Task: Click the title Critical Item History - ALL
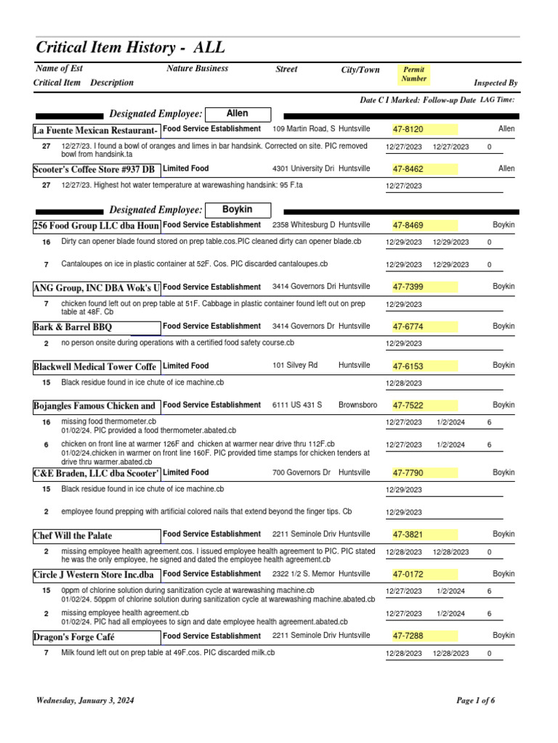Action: coord(131,48)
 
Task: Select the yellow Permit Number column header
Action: coord(414,74)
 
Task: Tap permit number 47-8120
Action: coord(408,129)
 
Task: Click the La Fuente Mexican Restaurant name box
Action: coord(96,130)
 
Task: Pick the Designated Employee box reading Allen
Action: coord(238,114)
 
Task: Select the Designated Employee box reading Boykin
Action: coord(238,210)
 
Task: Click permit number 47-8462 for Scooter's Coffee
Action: coord(408,169)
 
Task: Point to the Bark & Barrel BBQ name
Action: coord(73,327)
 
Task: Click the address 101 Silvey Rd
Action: coord(295,365)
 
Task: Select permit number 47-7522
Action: coord(408,406)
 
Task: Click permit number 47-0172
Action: coord(408,575)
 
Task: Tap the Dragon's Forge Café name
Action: coord(75,637)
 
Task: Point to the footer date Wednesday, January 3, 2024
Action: coord(85,701)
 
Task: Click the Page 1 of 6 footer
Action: coord(475,701)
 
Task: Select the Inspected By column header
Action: coord(496,83)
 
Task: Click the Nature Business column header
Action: coord(198,68)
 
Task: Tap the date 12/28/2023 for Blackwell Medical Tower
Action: coord(403,383)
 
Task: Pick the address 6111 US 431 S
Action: coord(297,405)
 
